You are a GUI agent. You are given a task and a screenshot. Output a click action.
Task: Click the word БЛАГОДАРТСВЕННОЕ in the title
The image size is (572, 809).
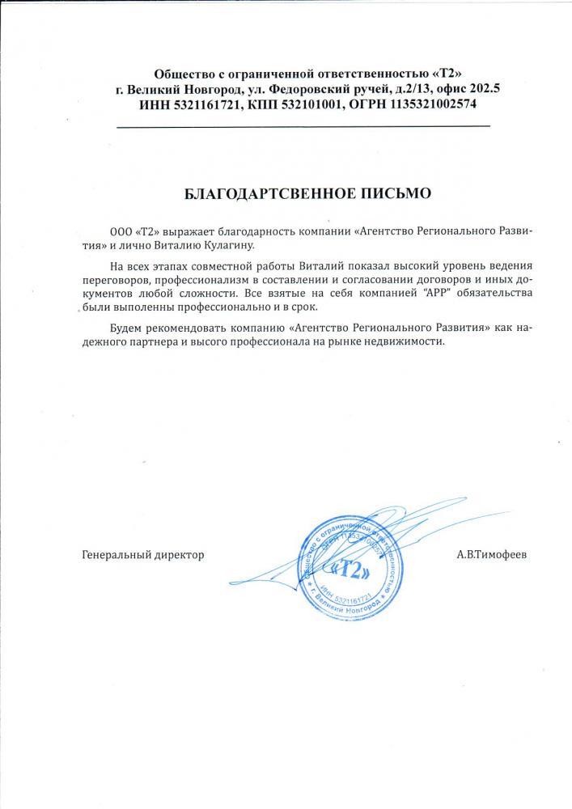[x=257, y=194]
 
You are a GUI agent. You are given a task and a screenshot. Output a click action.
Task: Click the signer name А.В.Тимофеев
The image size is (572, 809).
[x=490, y=555]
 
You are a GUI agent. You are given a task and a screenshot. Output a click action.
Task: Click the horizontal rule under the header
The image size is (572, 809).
[x=303, y=127]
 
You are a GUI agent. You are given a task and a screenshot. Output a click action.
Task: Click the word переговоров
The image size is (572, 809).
[x=116, y=277]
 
